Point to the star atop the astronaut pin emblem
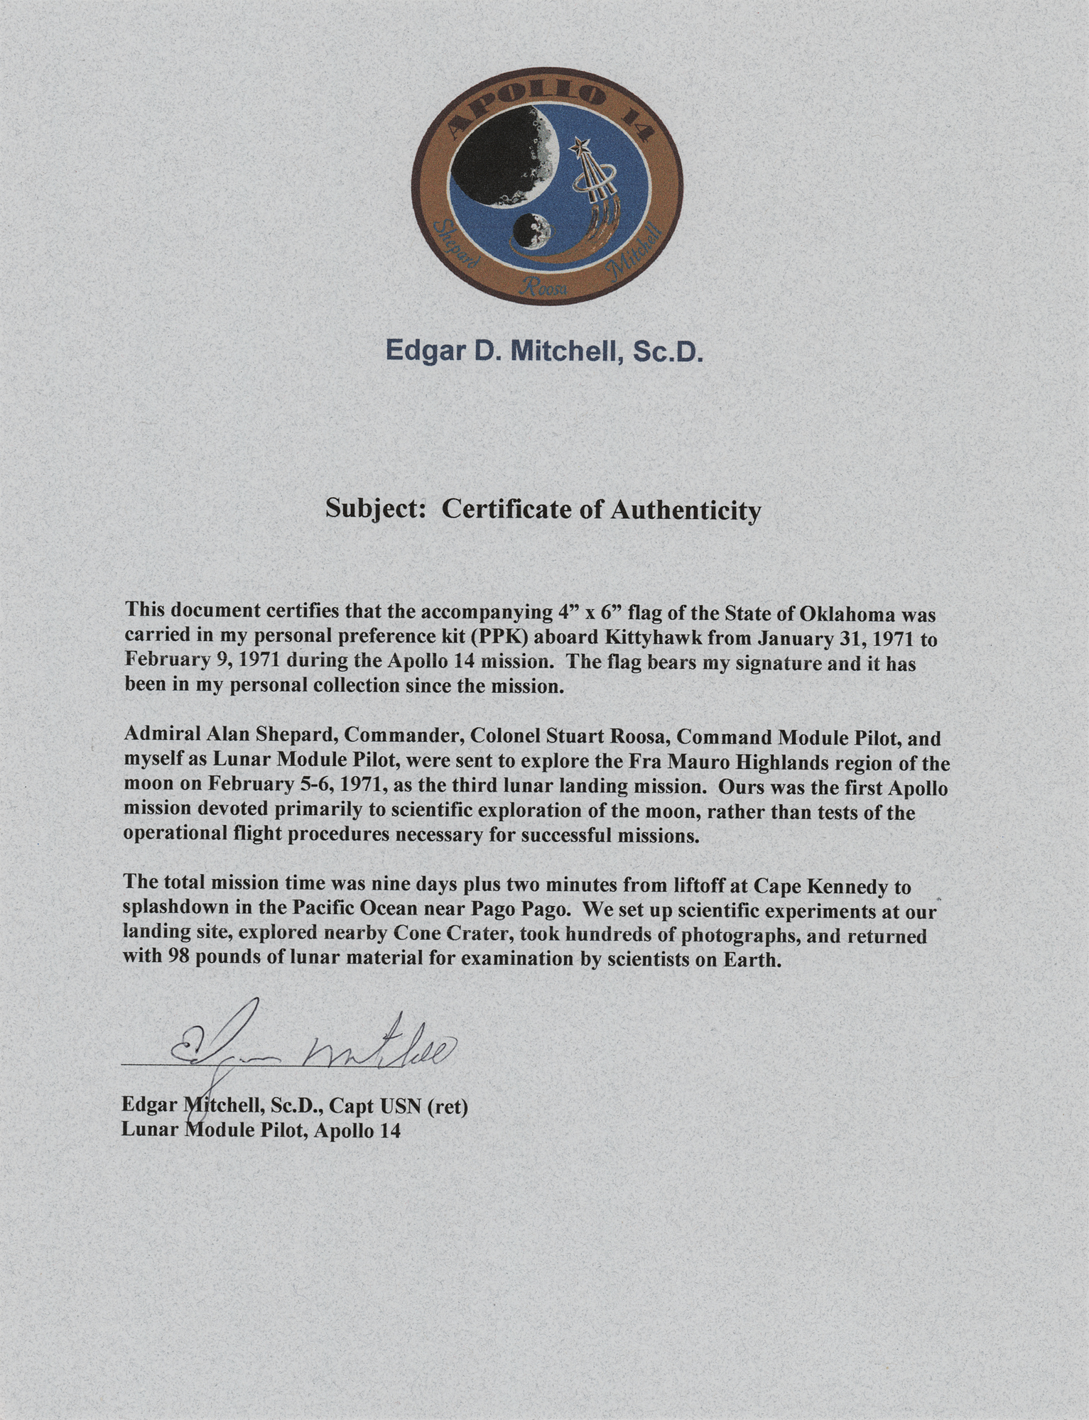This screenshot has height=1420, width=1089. (x=579, y=148)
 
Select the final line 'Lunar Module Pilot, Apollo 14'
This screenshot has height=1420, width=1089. (x=261, y=1130)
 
